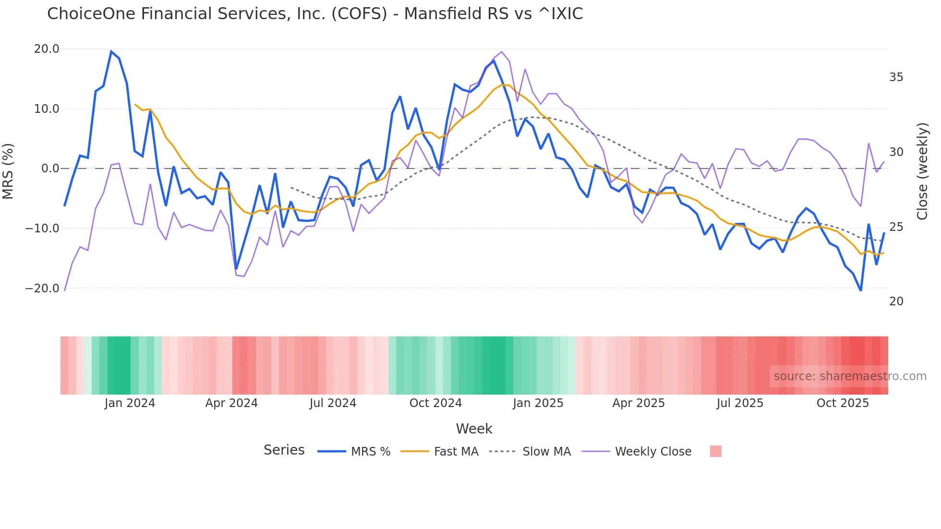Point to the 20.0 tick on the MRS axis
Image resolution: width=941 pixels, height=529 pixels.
pos(47,49)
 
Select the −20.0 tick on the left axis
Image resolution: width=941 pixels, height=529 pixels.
pos(42,289)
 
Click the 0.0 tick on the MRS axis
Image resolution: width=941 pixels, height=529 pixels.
pos(50,168)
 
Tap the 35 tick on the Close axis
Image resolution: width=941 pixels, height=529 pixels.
pos(896,77)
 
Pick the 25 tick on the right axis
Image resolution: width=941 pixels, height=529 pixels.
pos(896,227)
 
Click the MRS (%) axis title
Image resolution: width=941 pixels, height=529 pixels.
pos(8,171)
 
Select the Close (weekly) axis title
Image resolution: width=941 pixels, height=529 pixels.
pos(922,171)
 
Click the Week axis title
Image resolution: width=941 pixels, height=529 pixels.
pos(474,429)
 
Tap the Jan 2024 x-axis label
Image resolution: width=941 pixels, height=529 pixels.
pos(130,403)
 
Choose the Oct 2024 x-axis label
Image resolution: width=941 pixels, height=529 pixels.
pos(435,403)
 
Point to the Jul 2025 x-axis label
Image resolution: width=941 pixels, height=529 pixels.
pos(740,403)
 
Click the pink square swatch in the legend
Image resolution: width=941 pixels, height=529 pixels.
pos(715,451)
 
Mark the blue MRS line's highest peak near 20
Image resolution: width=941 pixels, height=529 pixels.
pos(111,51)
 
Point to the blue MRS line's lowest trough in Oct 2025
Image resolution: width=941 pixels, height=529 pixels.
pos(861,290)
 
